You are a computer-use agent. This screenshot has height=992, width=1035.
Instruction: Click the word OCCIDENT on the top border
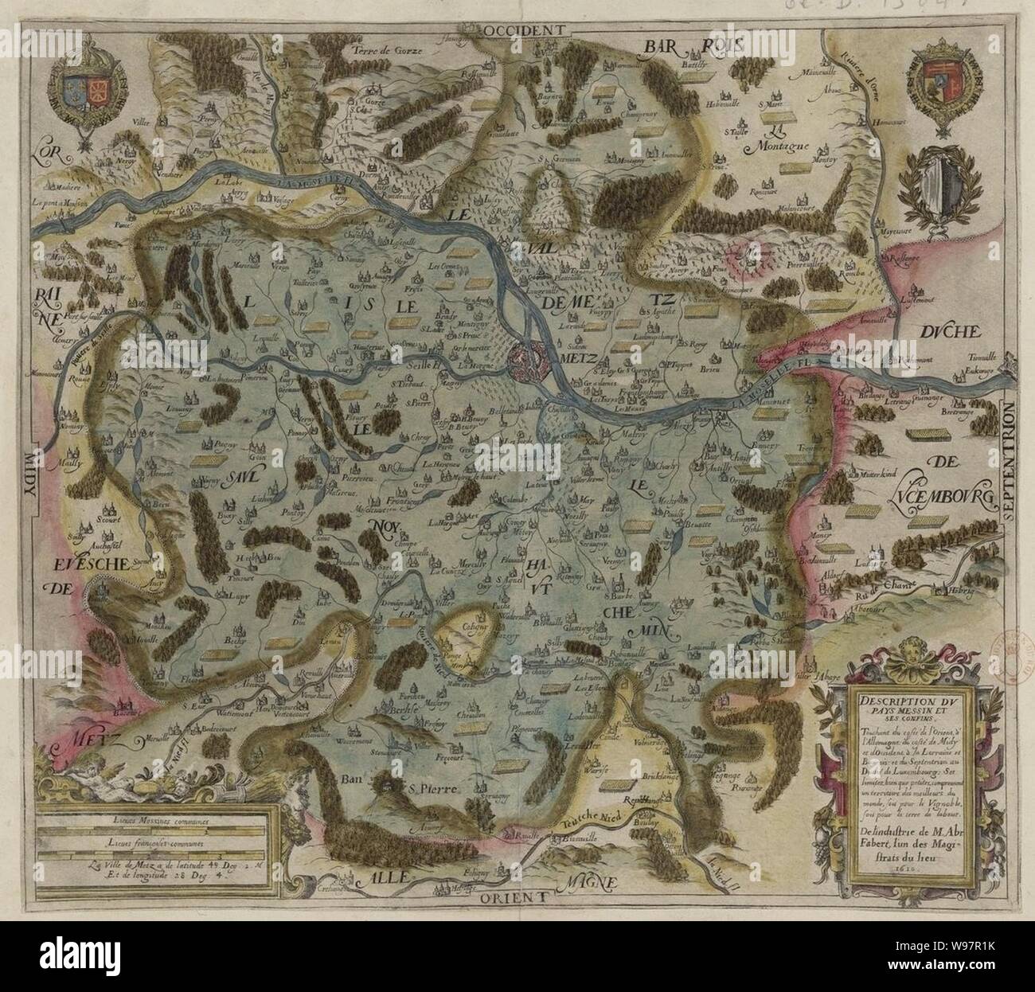click(x=522, y=29)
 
